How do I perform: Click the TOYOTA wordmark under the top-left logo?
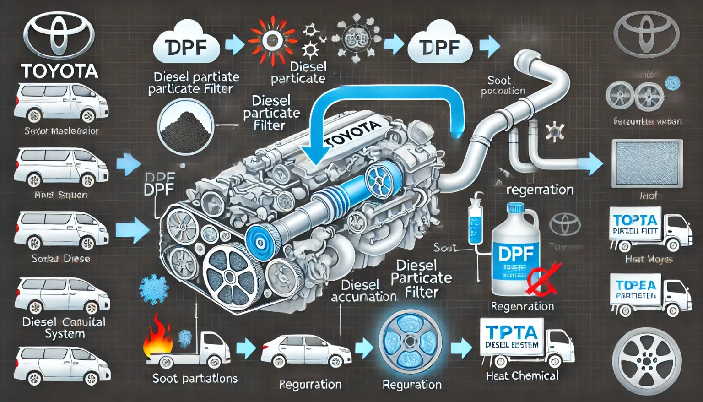pyautogui.click(x=59, y=71)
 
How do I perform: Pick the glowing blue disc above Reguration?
pyautogui.click(x=411, y=341)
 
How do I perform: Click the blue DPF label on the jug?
pyautogui.click(x=516, y=253)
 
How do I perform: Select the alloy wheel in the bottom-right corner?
pyautogui.click(x=647, y=361)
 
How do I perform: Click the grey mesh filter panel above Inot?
pyautogui.click(x=647, y=163)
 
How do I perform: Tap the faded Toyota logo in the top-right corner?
pyautogui.click(x=646, y=28)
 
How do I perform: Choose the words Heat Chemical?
pyautogui.click(x=522, y=376)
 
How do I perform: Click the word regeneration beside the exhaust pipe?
pyautogui.click(x=540, y=190)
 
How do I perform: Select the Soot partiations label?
pyautogui.click(x=195, y=378)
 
